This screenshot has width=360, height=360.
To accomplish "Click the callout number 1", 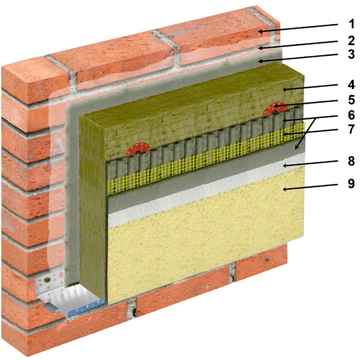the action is pos(351,24).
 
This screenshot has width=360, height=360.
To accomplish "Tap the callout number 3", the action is pos(351,55).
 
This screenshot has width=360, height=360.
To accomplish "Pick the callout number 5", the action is pos(351,100).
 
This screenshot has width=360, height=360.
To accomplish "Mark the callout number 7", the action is pos(351,130).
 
